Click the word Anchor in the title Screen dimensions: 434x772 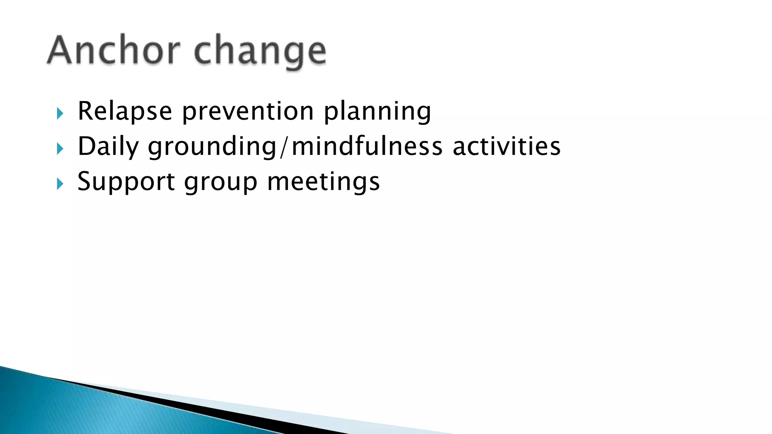(x=113, y=50)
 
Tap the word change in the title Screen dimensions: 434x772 (x=260, y=52)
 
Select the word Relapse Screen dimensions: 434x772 (x=125, y=111)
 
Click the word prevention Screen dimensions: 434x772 (x=248, y=111)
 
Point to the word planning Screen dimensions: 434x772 (x=377, y=111)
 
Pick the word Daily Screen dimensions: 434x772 (x=108, y=147)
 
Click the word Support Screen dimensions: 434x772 (x=126, y=182)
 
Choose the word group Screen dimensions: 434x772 (x=221, y=182)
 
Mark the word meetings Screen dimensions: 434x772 (x=323, y=181)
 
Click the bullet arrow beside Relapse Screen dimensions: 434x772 (x=60, y=113)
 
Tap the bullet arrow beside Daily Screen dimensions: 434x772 (x=60, y=148)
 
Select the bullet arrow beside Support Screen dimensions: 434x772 (x=60, y=184)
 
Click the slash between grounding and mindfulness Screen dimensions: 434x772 (x=284, y=147)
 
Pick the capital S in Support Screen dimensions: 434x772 (x=84, y=181)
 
